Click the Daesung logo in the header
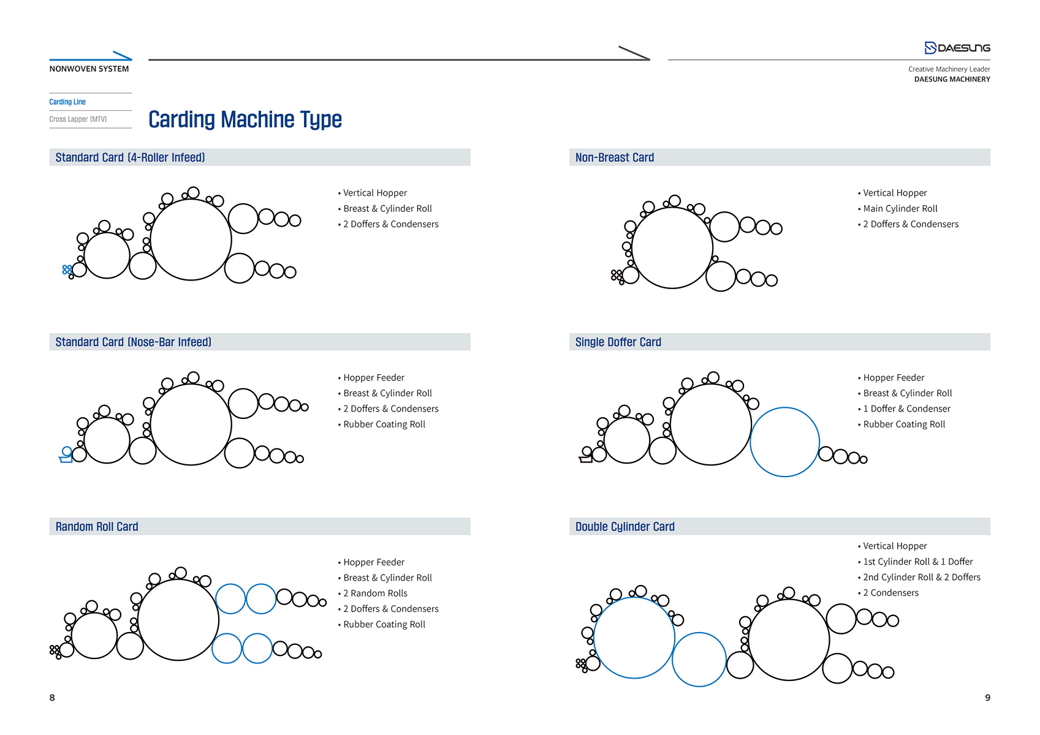pos(957,48)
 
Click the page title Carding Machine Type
pos(245,119)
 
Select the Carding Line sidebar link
pos(67,102)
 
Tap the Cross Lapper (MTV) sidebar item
pos(78,119)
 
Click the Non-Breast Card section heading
pos(614,157)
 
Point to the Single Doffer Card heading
pos(618,342)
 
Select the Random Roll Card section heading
pos(97,527)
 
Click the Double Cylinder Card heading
pos(624,527)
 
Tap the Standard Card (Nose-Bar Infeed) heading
pos(133,342)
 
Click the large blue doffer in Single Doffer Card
pos(784,442)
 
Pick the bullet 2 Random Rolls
pos(378,593)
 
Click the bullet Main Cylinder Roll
pos(900,209)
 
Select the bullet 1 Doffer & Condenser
pos(906,409)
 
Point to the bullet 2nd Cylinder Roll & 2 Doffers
pos(921,577)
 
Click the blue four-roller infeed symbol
pos(67,269)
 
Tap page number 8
pos(52,698)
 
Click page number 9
pos(987,698)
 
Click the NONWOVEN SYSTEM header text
pos(89,69)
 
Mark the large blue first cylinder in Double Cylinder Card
pos(634,638)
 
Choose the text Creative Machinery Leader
pos(949,69)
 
